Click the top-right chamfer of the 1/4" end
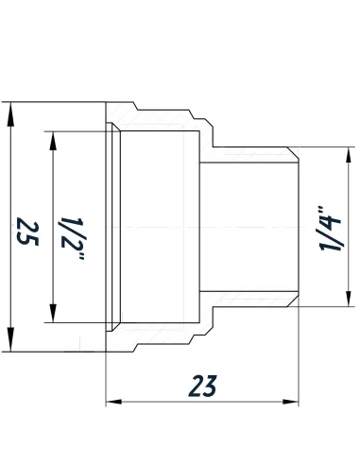pos(296,152)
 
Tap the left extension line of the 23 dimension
pos(105,378)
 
